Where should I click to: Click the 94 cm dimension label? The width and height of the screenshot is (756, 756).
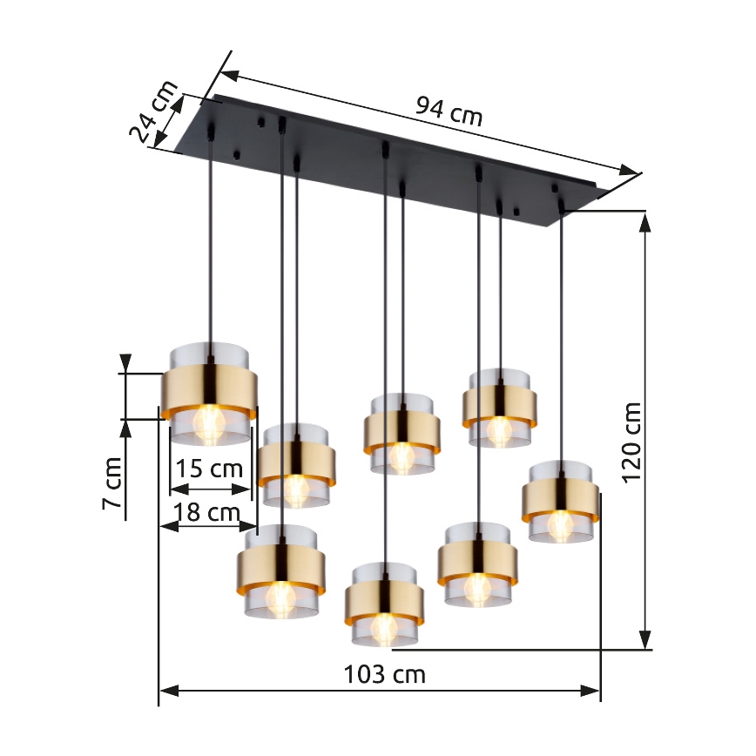(448, 111)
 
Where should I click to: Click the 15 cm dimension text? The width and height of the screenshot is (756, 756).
(209, 469)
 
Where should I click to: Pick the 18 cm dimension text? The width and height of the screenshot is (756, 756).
(206, 512)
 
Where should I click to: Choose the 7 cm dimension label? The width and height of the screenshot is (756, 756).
(111, 484)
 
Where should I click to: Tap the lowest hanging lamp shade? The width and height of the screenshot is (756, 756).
(384, 604)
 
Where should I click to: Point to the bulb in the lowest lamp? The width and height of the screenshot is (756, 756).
(383, 626)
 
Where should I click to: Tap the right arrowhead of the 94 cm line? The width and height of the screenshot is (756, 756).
(631, 170)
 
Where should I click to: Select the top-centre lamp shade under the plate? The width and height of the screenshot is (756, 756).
(401, 433)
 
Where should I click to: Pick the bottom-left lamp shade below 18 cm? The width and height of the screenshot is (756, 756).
(280, 570)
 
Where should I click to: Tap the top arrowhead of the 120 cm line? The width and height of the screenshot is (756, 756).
(645, 220)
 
